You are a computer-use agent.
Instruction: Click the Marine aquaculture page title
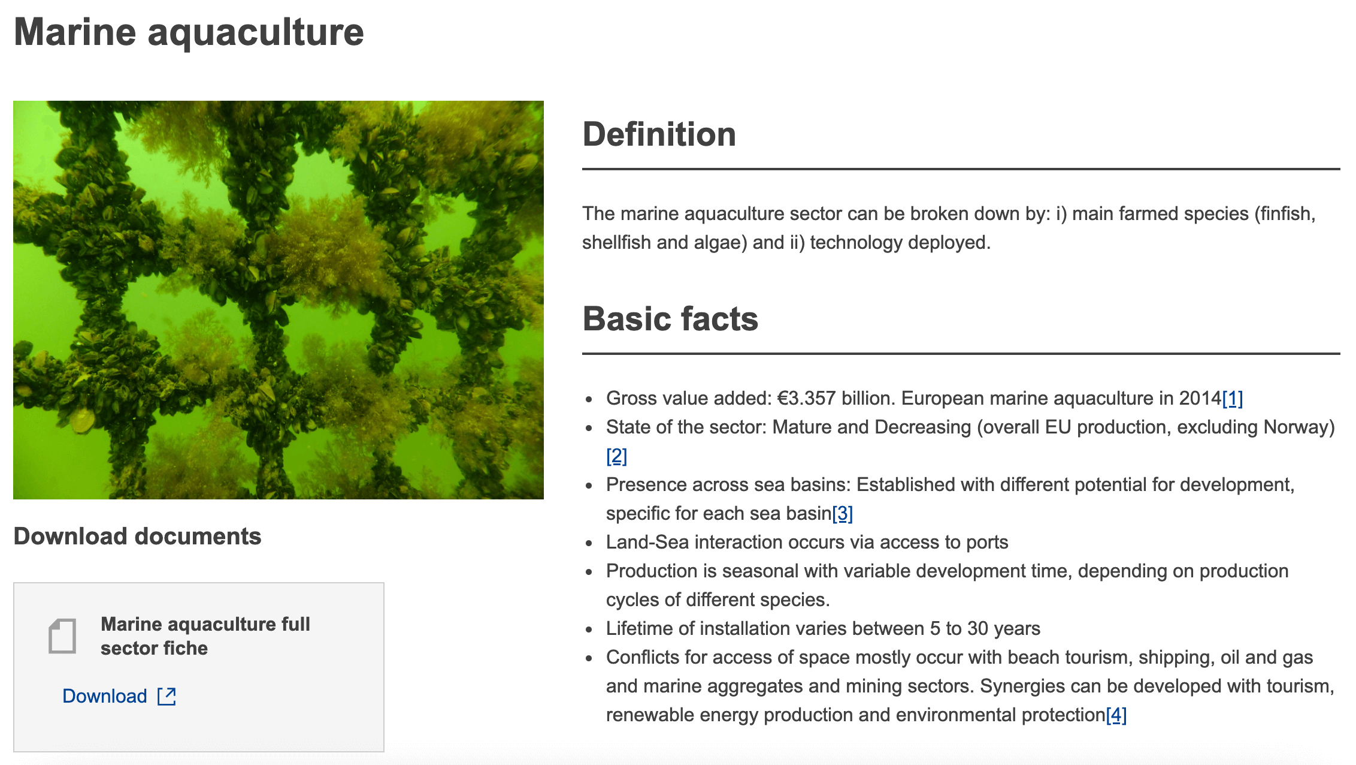189,32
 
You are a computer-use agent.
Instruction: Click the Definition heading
659,134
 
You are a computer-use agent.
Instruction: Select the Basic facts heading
670,319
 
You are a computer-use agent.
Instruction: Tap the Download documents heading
137,537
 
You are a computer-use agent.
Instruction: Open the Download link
105,696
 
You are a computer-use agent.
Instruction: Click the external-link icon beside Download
167,696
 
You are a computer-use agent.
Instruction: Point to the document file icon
62,636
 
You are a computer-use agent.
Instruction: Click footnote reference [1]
1233,399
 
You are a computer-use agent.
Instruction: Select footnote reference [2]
616,456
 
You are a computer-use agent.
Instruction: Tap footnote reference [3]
842,514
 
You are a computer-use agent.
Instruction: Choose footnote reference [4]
1116,715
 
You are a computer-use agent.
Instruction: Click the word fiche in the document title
185,649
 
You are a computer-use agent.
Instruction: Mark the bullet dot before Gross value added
589,399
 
